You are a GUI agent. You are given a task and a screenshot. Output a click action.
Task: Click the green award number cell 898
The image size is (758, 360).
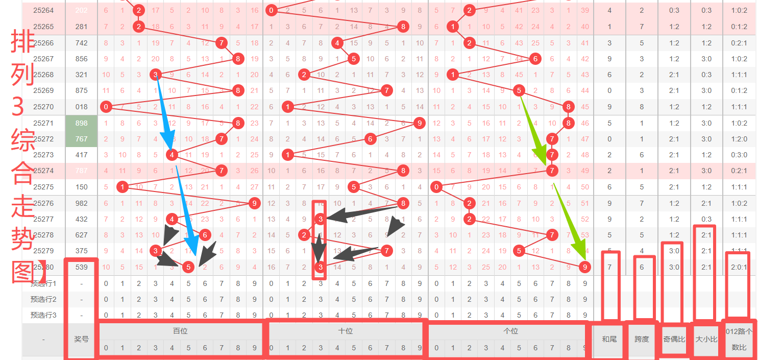[x=81, y=123]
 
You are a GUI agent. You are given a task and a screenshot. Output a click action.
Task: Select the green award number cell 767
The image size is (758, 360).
[x=81, y=139]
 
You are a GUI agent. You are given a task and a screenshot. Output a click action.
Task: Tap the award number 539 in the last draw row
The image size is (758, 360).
[x=81, y=267]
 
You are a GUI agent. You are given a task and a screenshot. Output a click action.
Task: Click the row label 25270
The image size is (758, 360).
[x=43, y=107]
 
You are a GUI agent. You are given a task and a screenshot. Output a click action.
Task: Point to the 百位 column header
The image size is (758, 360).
[x=180, y=331]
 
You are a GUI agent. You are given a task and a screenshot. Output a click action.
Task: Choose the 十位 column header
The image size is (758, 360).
[x=346, y=331]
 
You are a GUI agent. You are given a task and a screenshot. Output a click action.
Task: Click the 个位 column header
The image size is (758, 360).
[x=510, y=331]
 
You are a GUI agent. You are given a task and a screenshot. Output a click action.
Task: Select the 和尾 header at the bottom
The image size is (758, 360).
[x=609, y=339]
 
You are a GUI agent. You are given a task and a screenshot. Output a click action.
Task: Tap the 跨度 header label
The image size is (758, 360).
[x=642, y=339]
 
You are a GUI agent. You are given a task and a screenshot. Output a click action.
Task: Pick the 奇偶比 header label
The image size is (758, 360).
[x=674, y=339]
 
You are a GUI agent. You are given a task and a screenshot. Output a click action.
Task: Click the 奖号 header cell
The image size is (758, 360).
[x=81, y=339]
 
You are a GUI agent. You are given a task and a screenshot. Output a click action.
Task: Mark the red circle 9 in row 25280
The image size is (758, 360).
[x=585, y=267]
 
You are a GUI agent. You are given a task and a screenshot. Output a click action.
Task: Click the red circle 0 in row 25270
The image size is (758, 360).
[x=106, y=107]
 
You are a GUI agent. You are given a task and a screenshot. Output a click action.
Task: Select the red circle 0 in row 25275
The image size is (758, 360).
[x=436, y=187]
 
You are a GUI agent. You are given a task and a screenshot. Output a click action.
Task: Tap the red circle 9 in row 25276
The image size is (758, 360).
[x=254, y=203]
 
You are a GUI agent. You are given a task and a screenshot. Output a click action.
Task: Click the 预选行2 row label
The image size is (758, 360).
[x=43, y=299]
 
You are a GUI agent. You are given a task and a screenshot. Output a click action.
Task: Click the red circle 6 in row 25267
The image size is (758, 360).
[x=535, y=59]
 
